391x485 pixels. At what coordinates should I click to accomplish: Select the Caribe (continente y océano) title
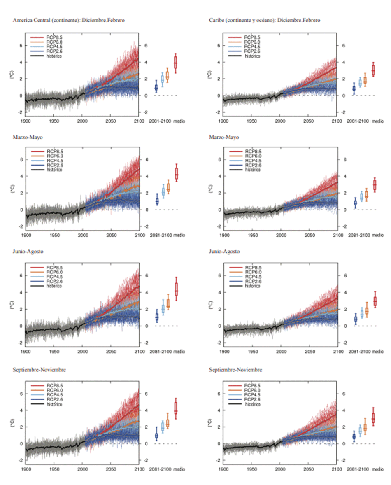(x=264, y=20)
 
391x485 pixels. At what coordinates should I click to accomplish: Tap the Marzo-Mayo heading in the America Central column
(x=27, y=137)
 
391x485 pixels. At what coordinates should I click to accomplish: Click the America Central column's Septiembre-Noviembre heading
(x=40, y=370)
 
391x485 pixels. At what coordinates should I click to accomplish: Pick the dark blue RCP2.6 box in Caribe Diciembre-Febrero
(x=354, y=89)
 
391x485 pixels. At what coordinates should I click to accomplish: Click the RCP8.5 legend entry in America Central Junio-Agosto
(x=55, y=268)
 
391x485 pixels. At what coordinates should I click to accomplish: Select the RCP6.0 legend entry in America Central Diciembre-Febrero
(x=55, y=42)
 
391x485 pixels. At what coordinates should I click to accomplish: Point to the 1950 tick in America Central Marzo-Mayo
(x=54, y=235)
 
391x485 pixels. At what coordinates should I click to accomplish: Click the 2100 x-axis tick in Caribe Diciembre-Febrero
(x=337, y=121)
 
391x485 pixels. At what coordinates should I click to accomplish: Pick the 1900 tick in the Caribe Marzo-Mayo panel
(x=224, y=235)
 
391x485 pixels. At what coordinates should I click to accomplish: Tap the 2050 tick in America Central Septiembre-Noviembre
(x=111, y=469)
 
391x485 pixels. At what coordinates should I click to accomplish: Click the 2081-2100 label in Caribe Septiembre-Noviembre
(x=358, y=469)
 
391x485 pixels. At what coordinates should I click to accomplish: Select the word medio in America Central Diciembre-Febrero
(x=179, y=121)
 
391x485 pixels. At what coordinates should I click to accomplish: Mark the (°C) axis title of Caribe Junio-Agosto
(x=210, y=304)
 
